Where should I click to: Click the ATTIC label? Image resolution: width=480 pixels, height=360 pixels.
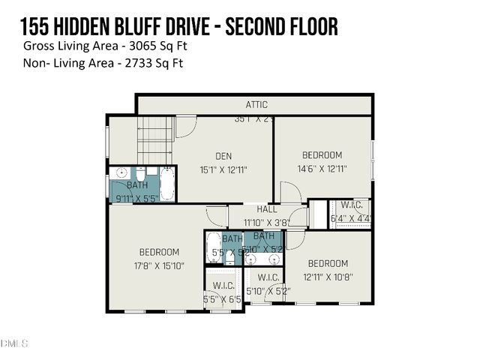click(256, 105)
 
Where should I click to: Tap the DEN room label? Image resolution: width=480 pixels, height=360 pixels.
click(223, 156)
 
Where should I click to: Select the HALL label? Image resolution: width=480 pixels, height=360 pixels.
click(267, 210)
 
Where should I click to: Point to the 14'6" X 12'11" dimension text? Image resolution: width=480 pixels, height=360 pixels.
click(321, 169)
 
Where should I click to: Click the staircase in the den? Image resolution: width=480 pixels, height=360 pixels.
click(155, 140)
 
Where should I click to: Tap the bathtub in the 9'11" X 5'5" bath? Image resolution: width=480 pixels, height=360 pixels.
click(166, 183)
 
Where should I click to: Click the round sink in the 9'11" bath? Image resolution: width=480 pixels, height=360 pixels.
click(121, 173)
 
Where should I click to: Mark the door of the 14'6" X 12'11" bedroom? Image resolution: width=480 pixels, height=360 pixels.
click(290, 193)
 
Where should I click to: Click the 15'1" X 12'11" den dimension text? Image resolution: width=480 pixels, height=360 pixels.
click(223, 169)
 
